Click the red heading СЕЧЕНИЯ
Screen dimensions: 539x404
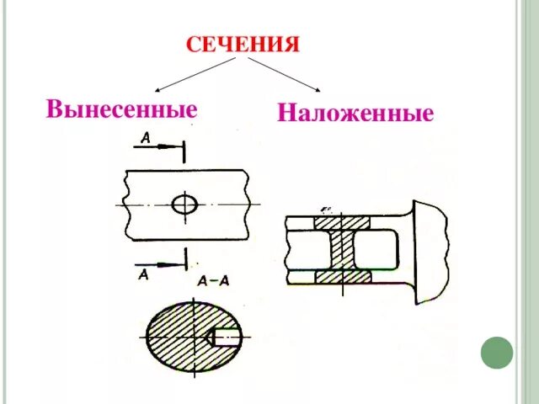pyautogui.click(x=243, y=44)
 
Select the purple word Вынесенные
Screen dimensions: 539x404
pyautogui.click(x=122, y=109)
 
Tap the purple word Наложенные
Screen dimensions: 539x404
pyautogui.click(x=355, y=113)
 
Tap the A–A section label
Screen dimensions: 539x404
pyautogui.click(x=212, y=281)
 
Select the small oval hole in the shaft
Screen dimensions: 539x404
pyautogui.click(x=184, y=204)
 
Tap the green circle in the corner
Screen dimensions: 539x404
pyautogui.click(x=496, y=352)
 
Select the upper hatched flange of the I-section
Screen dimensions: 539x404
pyautogui.click(x=342, y=223)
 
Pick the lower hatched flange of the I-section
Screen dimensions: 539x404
pyautogui.click(x=342, y=276)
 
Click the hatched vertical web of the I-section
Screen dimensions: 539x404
pyautogui.click(x=343, y=250)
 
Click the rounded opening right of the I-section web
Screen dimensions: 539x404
pyautogui.click(x=371, y=250)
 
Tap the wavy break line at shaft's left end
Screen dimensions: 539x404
pyautogui.click(x=125, y=204)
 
